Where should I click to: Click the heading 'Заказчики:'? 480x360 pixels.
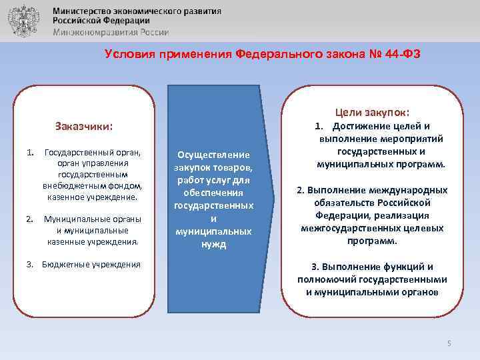click(x=83, y=126)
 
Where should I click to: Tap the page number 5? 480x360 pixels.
click(x=449, y=343)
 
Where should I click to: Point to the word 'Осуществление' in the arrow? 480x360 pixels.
click(x=213, y=155)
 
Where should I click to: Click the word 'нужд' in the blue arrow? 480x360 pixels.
click(x=213, y=244)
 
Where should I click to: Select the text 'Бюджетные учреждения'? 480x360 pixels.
click(x=91, y=265)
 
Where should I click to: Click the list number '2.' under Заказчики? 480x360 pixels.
click(x=30, y=218)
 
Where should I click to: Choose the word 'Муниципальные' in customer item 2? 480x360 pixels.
click(x=73, y=218)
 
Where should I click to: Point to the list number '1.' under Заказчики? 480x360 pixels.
click(x=30, y=153)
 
